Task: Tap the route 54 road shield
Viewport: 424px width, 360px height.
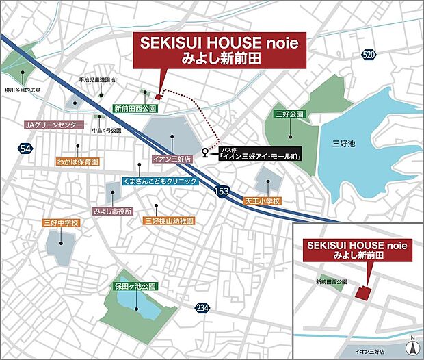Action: [x=25, y=149]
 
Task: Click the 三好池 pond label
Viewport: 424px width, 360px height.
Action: [x=342, y=143]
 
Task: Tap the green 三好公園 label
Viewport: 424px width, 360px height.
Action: [x=290, y=114]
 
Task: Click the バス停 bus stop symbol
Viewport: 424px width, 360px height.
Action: [x=206, y=152]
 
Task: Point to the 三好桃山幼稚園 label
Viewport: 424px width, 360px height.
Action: [x=169, y=221]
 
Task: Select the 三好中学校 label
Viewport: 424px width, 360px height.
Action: [x=62, y=223]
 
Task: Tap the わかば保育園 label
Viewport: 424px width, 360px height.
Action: [x=77, y=162]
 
